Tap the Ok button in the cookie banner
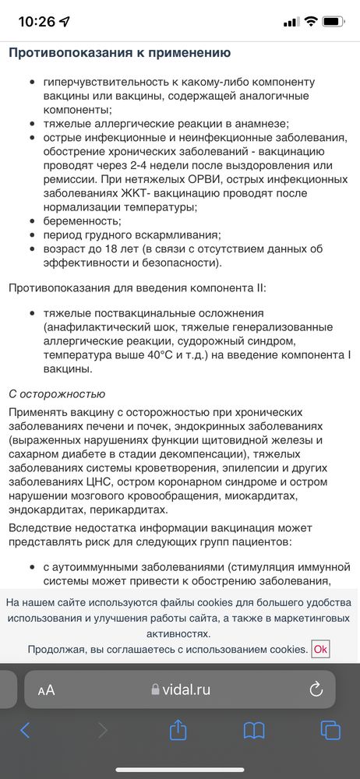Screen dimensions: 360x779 tap(320, 649)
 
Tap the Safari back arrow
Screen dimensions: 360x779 tap(25, 730)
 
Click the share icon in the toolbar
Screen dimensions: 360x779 tap(178, 729)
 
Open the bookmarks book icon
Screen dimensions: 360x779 tap(254, 730)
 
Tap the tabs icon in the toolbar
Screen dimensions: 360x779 tap(330, 730)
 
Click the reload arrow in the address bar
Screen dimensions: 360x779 tap(316, 689)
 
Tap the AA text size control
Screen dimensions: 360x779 tap(46, 689)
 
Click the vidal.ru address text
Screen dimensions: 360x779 tap(185, 689)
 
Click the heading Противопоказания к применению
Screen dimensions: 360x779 tap(119, 53)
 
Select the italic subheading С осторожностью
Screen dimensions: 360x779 tap(56, 394)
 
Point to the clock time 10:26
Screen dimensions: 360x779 tap(37, 22)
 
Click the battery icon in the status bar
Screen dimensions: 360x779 tap(334, 22)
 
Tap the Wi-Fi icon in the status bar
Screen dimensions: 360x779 tap(311, 22)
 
